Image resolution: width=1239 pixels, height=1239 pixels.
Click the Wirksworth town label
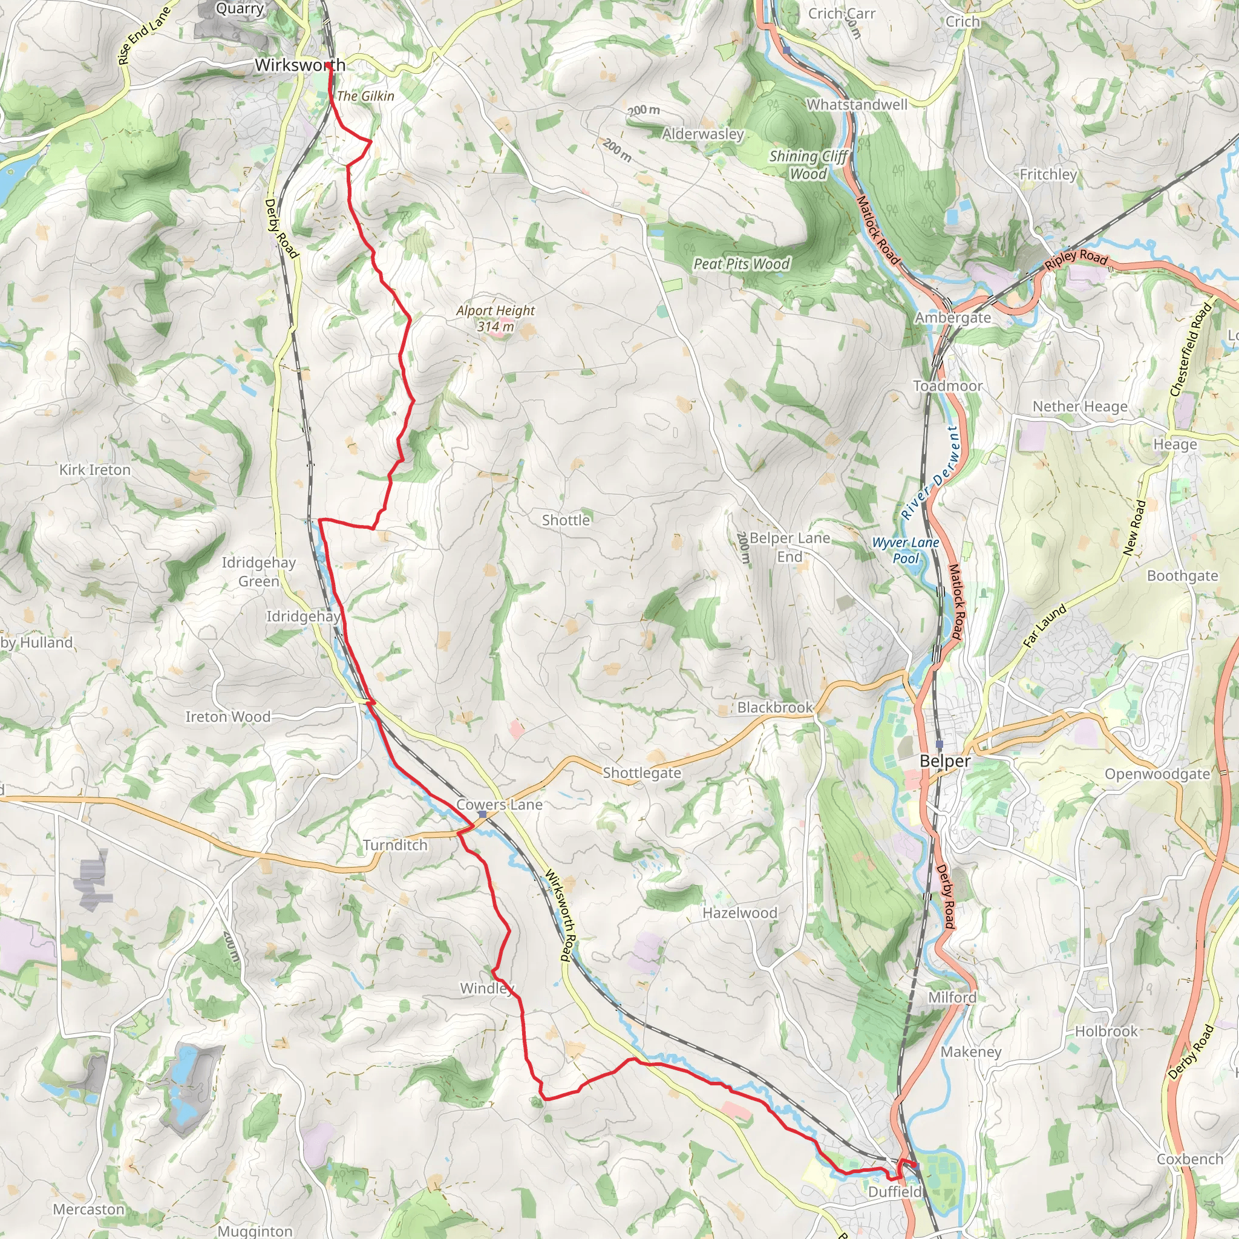click(x=299, y=65)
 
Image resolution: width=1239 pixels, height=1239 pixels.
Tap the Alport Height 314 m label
click(x=495, y=318)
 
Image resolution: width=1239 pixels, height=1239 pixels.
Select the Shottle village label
click(x=566, y=520)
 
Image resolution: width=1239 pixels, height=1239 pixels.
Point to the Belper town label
click(x=944, y=760)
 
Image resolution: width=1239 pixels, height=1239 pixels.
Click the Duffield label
click(x=895, y=1192)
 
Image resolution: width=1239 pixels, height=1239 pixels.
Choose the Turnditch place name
click(x=395, y=845)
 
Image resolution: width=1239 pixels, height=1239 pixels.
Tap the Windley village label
click(x=487, y=989)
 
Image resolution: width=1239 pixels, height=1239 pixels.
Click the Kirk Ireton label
click(x=95, y=470)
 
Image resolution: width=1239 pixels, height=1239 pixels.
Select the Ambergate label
click(x=952, y=318)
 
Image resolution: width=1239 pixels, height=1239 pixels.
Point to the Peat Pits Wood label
click(x=741, y=264)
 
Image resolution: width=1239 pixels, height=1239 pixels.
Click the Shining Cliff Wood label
click(x=808, y=165)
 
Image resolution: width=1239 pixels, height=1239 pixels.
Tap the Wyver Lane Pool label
click(x=906, y=551)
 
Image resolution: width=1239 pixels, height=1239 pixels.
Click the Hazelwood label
click(x=739, y=912)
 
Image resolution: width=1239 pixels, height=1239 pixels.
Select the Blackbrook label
click(x=775, y=707)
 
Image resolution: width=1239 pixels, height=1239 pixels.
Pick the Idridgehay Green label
click(x=258, y=571)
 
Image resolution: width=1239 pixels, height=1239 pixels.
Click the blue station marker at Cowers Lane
click(x=482, y=814)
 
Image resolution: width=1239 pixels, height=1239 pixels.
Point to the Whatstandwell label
click(x=857, y=105)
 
